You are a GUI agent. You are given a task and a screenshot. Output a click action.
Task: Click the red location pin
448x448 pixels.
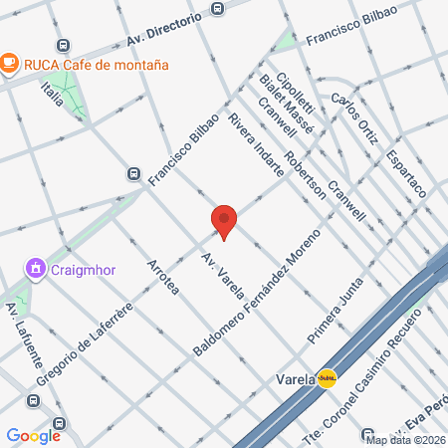(224, 221)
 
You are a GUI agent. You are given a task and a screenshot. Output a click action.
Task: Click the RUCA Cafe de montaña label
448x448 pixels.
(96, 64)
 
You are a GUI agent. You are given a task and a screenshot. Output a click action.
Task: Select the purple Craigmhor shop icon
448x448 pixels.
(35, 268)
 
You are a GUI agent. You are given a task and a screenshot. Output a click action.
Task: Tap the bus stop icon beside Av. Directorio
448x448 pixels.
(218, 9)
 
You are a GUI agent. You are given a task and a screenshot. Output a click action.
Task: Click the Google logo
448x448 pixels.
(33, 435)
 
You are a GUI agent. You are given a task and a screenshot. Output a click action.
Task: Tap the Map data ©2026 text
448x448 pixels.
(404, 439)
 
